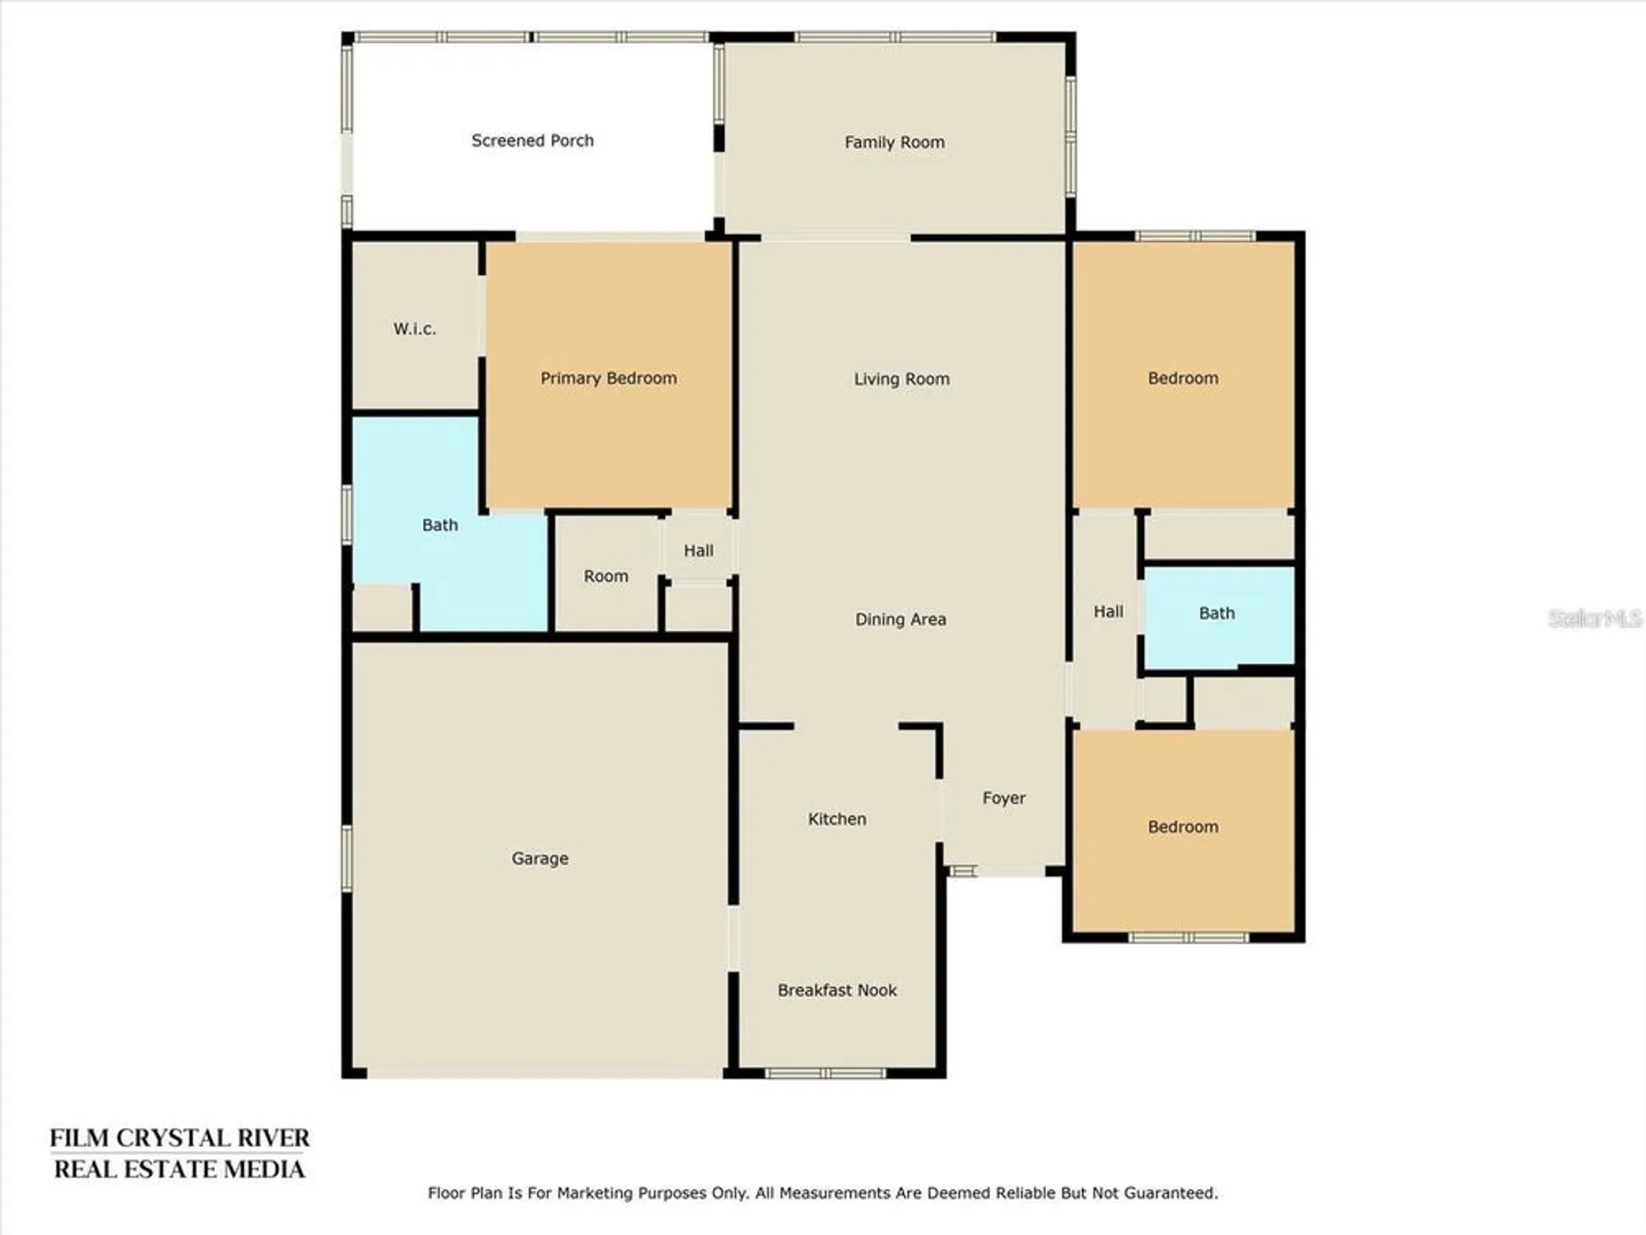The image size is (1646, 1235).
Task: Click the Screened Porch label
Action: pyautogui.click(x=532, y=141)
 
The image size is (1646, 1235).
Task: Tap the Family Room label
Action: pyautogui.click(x=895, y=142)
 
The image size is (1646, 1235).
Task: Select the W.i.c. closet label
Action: pyautogui.click(x=414, y=329)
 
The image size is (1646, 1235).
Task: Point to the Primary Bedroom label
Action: pyautogui.click(x=608, y=378)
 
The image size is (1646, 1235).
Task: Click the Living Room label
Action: pyautogui.click(x=901, y=379)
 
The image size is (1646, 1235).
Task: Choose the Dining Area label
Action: pyautogui.click(x=900, y=619)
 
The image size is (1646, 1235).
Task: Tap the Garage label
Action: pyautogui.click(x=540, y=858)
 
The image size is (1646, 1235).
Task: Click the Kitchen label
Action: pyautogui.click(x=837, y=818)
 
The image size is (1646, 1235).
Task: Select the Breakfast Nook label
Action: pyautogui.click(x=837, y=990)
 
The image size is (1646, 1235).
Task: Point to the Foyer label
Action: pyautogui.click(x=1003, y=798)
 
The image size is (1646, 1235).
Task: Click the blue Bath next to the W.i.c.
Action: pyautogui.click(x=439, y=524)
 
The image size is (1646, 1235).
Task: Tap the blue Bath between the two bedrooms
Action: pyautogui.click(x=1216, y=613)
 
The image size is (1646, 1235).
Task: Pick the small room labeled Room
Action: pyautogui.click(x=606, y=576)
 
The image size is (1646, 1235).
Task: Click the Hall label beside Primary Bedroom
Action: pyautogui.click(x=698, y=550)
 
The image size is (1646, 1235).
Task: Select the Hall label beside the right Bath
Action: pyautogui.click(x=1108, y=611)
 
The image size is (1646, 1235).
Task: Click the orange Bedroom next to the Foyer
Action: pyautogui.click(x=1183, y=827)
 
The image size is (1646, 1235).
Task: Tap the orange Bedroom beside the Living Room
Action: pyautogui.click(x=1183, y=378)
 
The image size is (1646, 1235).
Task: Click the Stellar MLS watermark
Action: pyautogui.click(x=1594, y=618)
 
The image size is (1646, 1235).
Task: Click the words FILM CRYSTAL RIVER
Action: pyautogui.click(x=179, y=1138)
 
